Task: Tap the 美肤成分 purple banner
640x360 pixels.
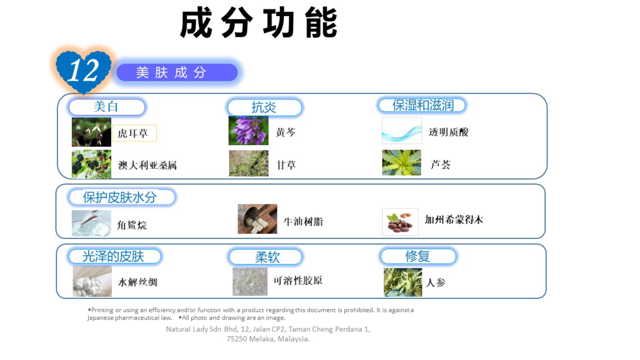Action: (x=177, y=72)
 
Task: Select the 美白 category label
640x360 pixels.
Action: (x=107, y=107)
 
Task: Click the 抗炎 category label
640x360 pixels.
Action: (x=264, y=107)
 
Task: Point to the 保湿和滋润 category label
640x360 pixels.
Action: (x=422, y=105)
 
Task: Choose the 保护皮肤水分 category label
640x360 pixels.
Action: (x=121, y=197)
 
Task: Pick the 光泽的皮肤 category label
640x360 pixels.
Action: (x=114, y=256)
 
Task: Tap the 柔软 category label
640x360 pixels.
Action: (x=265, y=257)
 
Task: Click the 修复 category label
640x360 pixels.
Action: (x=418, y=256)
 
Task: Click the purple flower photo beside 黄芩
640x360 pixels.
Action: (x=248, y=130)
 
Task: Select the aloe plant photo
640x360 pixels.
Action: (x=402, y=163)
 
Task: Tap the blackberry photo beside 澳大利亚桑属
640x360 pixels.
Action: (x=91, y=164)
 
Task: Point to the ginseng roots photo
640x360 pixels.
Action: (x=403, y=282)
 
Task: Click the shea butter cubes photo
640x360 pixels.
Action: (x=257, y=219)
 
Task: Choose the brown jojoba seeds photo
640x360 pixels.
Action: (x=400, y=222)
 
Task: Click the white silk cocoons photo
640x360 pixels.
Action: (x=92, y=281)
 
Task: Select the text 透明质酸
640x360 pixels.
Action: (x=449, y=132)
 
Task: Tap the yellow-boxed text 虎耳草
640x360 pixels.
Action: (x=134, y=133)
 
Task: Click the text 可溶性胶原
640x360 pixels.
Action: (x=298, y=280)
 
